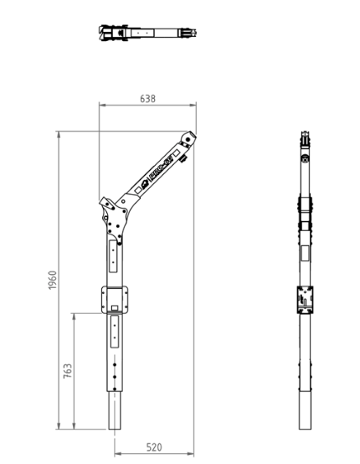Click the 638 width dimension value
pyautogui.click(x=147, y=98)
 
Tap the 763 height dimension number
pyautogui.click(x=67, y=370)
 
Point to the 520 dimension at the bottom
pyautogui.click(x=154, y=447)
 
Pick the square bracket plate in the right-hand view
pyautogui.click(x=306, y=299)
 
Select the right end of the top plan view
pyautogui.click(x=198, y=34)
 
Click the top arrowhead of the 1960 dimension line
pyautogui.click(x=59, y=133)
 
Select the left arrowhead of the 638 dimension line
pyautogui.click(x=101, y=106)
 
